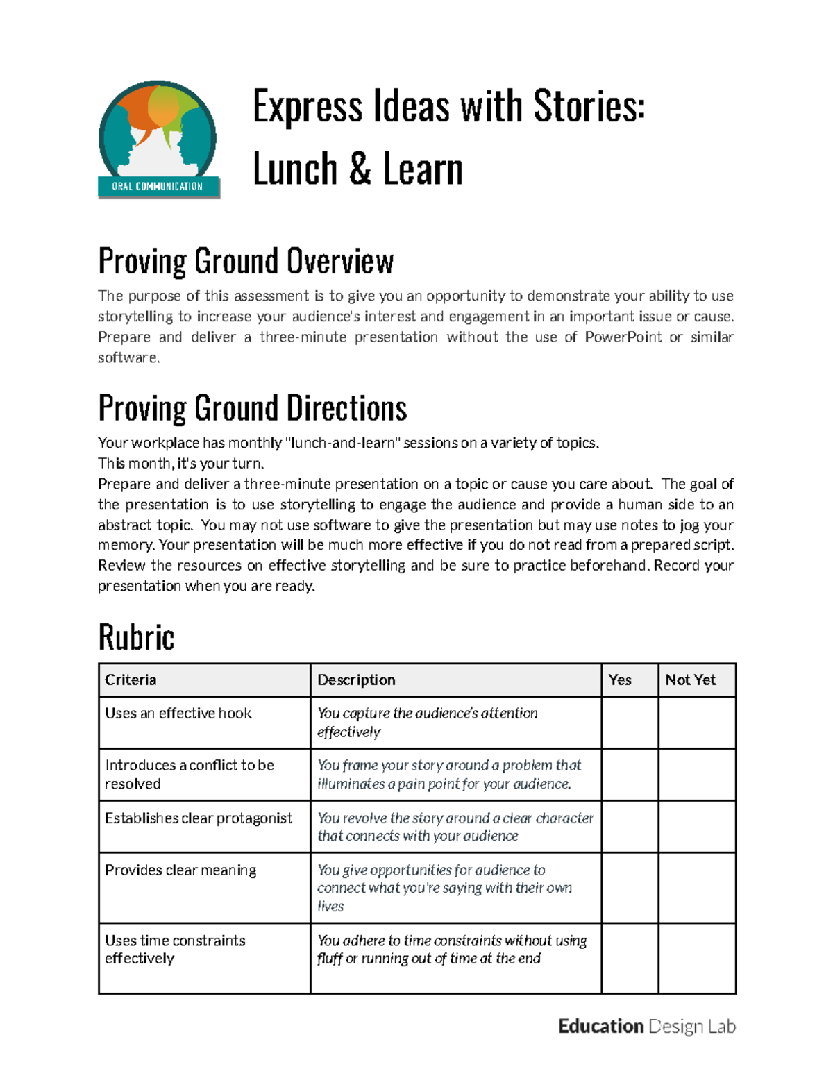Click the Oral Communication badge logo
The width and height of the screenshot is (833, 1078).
158,140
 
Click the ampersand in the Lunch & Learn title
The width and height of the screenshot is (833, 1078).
360,169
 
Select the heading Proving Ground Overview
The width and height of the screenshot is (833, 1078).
246,262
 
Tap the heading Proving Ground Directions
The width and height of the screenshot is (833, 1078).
252,408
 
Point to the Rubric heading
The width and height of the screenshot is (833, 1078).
136,637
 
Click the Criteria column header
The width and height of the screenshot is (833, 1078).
131,680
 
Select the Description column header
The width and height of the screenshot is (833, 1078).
356,680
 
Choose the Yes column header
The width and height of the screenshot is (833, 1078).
620,680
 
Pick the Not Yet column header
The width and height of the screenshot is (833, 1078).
690,680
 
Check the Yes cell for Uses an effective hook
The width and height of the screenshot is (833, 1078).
629,723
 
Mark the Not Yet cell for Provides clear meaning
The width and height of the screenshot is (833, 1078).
696,888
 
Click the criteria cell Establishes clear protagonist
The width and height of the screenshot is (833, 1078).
199,818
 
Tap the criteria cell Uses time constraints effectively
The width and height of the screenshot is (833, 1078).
175,950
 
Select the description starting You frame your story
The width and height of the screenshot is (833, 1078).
448,775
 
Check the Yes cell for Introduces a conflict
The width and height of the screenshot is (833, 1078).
629,775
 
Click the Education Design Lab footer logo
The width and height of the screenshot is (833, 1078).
646,1027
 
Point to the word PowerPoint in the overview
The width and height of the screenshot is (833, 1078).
623,337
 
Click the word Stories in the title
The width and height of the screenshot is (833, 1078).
589,107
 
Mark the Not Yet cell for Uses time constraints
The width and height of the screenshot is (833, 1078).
696,959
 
